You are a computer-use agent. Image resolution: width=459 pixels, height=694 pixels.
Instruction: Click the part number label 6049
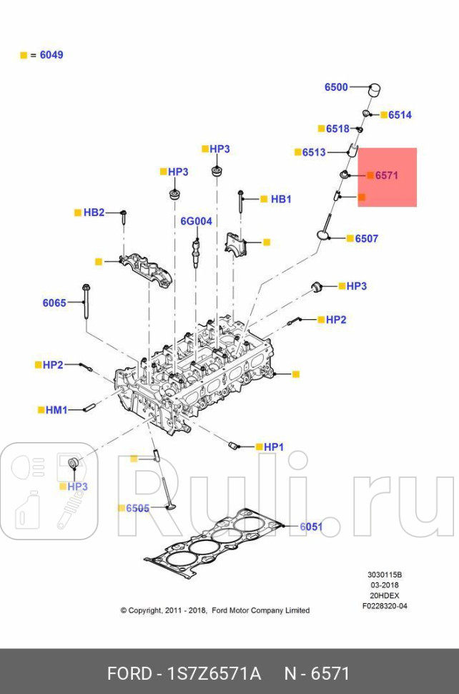pyautogui.click(x=51, y=55)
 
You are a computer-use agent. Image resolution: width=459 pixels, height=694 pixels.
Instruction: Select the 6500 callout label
pyautogui.click(x=336, y=87)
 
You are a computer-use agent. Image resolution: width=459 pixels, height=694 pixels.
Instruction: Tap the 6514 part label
pyautogui.click(x=400, y=115)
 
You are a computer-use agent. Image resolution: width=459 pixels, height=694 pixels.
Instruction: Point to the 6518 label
pyautogui.click(x=337, y=129)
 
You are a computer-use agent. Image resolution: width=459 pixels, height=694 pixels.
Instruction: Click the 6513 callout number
pyautogui.click(x=314, y=152)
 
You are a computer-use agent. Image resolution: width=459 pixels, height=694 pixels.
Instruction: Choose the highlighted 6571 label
pyautogui.click(x=387, y=175)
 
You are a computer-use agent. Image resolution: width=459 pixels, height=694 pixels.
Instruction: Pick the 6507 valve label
pyautogui.click(x=367, y=239)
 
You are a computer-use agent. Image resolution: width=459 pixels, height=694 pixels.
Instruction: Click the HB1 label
pyautogui.click(x=281, y=199)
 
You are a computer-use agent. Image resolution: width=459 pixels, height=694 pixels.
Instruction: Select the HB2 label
pyautogui.click(x=94, y=212)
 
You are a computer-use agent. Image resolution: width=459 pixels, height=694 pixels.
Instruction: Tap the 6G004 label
pyautogui.click(x=196, y=222)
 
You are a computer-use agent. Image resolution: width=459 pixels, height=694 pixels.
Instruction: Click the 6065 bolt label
pyautogui.click(x=54, y=303)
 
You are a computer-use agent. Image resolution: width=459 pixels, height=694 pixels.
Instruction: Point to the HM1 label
pyautogui.click(x=56, y=410)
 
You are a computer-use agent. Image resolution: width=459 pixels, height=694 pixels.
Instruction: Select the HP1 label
pyautogui.click(x=274, y=447)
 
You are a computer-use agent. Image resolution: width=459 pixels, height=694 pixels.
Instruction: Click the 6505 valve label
pyautogui.click(x=138, y=508)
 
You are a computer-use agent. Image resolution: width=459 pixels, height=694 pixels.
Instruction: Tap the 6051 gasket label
pyautogui.click(x=311, y=527)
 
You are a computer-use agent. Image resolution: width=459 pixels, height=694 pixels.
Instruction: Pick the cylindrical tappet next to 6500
pyautogui.click(x=372, y=91)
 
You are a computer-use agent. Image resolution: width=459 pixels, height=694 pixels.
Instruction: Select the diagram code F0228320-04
pyautogui.click(x=385, y=606)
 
